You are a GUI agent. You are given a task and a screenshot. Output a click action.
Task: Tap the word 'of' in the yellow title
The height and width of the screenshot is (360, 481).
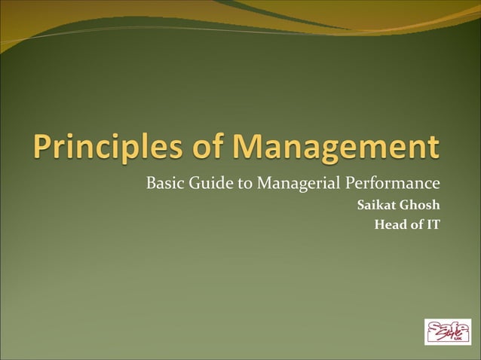click(213, 147)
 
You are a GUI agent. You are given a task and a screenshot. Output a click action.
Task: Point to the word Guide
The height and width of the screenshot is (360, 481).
click(207, 183)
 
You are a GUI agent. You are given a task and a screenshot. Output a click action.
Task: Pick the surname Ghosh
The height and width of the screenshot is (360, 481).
click(421, 205)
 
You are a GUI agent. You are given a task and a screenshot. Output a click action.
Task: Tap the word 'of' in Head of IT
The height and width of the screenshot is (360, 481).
click(416, 224)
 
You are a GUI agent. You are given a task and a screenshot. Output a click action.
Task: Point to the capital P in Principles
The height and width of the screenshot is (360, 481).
click(45, 148)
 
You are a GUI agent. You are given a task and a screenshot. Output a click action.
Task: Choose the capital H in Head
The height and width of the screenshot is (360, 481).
click(379, 224)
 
